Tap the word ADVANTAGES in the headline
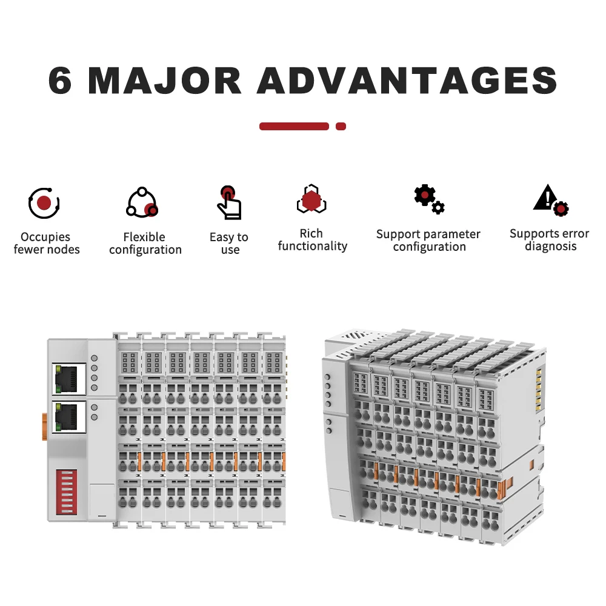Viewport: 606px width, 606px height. coord(407,81)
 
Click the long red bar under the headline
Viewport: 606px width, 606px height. coord(294,127)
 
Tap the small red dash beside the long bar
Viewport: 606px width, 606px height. coord(341,127)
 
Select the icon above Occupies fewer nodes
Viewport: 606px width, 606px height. coord(44,203)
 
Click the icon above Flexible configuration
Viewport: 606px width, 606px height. coord(142,203)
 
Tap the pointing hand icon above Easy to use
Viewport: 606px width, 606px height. coord(229,202)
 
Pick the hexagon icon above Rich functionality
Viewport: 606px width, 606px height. coord(311,199)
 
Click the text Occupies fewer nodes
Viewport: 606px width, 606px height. coord(46,243)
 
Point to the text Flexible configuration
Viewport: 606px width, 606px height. coord(145,243)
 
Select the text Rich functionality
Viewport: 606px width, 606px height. coord(312,239)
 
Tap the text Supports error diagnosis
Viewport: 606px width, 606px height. coord(549,239)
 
